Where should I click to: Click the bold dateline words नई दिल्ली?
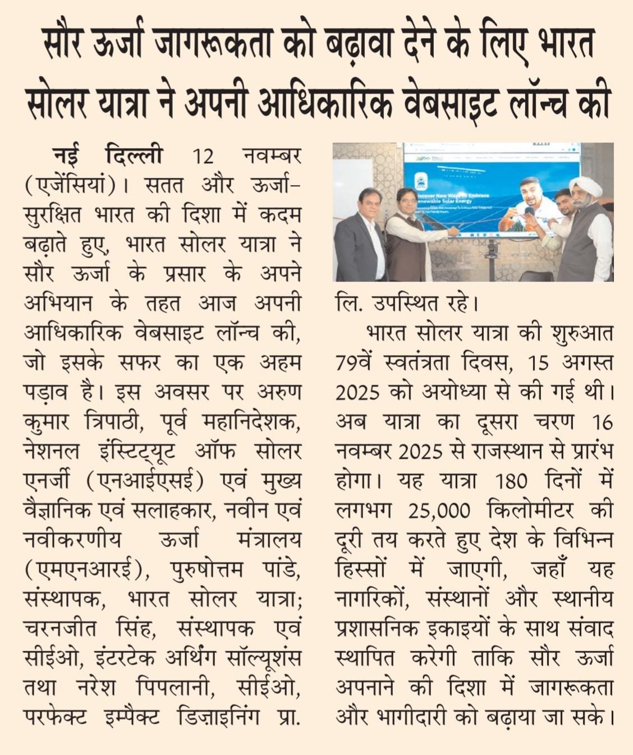[108, 155]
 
